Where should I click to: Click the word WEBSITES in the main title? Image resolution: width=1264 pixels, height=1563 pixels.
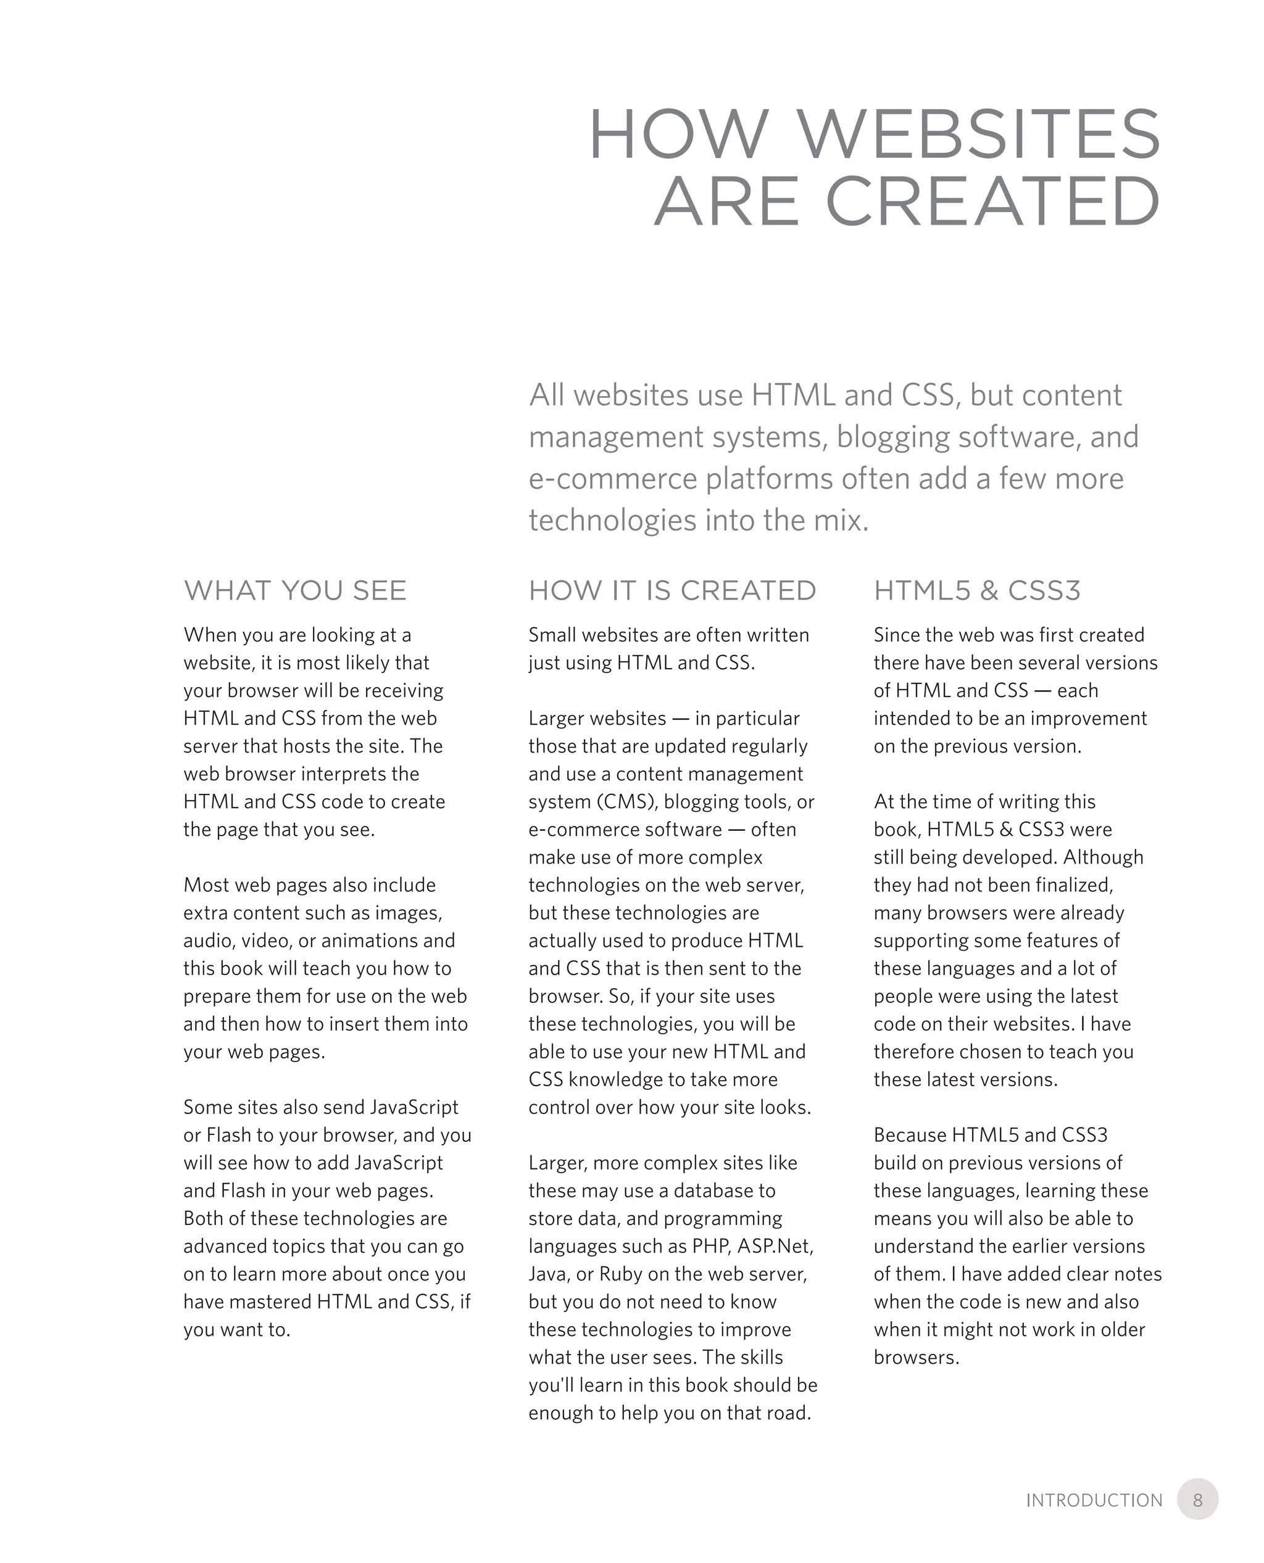coord(979,134)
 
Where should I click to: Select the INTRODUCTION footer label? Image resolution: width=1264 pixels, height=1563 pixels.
coord(1094,1501)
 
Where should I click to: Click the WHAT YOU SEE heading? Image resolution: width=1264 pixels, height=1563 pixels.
coord(295,590)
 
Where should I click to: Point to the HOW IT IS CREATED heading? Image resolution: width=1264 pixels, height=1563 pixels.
coord(672,590)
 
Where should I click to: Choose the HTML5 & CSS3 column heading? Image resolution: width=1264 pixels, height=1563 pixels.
coord(976,590)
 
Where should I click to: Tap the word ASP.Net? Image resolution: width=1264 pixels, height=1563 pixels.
coord(775,1247)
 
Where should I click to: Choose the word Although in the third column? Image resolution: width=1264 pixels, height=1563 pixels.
coord(1103,857)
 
